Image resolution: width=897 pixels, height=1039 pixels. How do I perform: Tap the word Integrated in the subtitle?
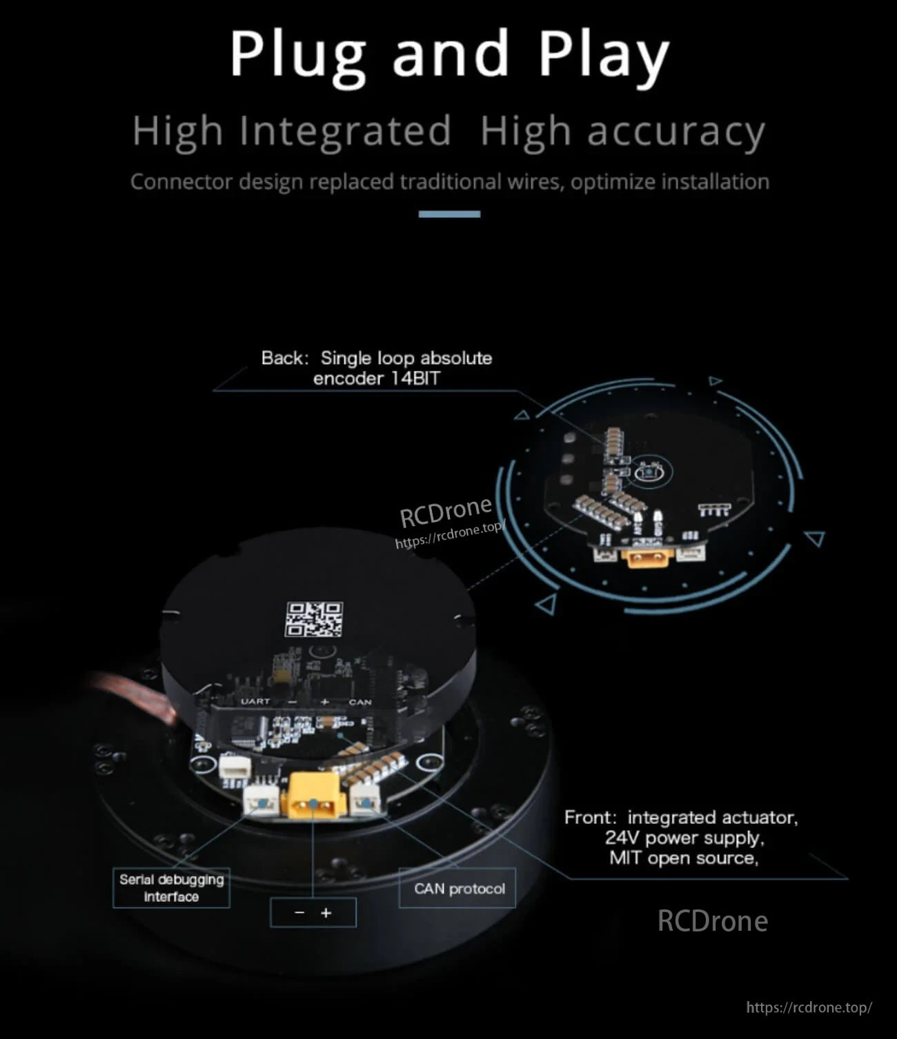[x=345, y=131]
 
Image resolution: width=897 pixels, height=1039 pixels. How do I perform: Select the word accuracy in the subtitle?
[x=676, y=132]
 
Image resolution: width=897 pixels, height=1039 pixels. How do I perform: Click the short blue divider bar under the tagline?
[x=449, y=214]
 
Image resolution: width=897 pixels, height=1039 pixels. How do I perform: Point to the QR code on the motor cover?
[x=315, y=618]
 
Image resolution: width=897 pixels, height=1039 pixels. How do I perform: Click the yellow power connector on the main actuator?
[x=313, y=794]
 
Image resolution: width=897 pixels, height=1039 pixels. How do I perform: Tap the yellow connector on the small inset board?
[x=648, y=558]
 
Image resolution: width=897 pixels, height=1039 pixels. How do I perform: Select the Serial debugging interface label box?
[x=172, y=888]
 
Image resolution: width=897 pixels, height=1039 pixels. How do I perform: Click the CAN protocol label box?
[x=457, y=888]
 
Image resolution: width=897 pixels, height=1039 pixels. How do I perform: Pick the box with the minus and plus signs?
[x=313, y=912]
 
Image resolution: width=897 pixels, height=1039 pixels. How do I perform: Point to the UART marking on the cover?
[x=255, y=701]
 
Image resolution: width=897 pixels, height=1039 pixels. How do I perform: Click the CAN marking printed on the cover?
[x=360, y=702]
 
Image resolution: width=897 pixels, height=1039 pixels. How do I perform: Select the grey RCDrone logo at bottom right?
[x=712, y=921]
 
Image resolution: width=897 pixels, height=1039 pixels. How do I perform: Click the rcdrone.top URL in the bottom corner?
[x=809, y=1007]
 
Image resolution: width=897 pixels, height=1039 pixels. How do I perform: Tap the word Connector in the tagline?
[x=181, y=181]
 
